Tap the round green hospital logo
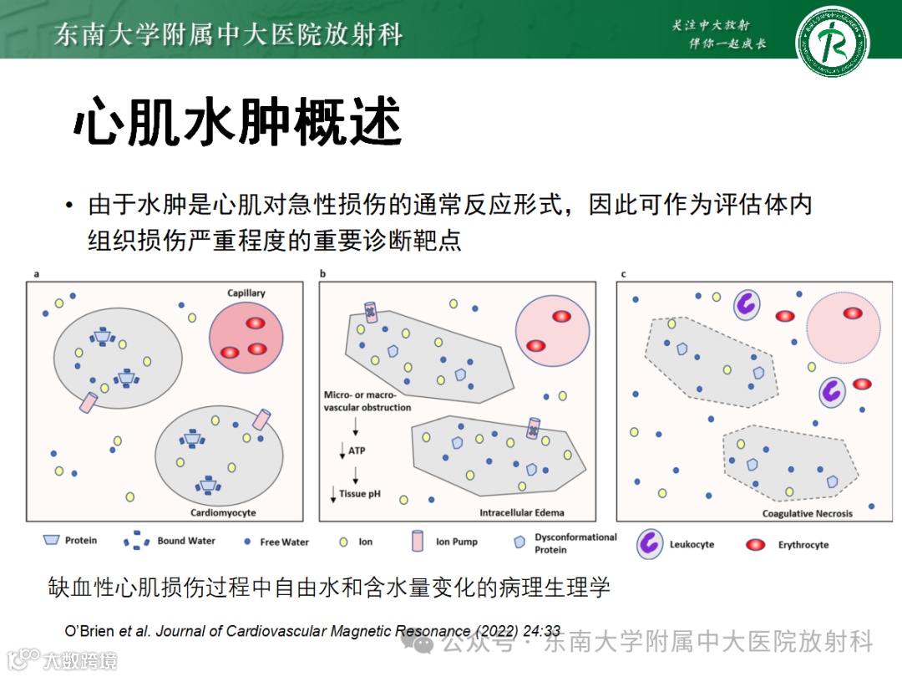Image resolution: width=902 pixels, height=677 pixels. point(831,41)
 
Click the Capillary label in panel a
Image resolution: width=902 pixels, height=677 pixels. point(246,293)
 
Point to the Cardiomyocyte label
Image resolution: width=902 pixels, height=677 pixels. point(223,512)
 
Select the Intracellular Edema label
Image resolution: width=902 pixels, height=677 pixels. point(521,512)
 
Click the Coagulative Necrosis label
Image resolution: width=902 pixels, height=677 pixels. point(807,513)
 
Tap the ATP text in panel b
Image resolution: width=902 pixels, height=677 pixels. point(357,451)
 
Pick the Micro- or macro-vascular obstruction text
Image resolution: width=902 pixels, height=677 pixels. point(367,400)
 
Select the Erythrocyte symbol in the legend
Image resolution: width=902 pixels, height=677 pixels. point(757,545)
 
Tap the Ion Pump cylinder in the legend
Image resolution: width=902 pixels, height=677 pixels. point(418,542)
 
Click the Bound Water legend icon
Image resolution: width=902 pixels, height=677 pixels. point(137,542)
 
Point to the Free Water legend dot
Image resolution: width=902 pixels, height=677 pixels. point(247,542)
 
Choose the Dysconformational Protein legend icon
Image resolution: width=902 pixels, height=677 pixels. point(519,542)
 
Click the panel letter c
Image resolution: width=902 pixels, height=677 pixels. point(623,273)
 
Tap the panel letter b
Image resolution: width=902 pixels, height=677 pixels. point(322,273)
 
